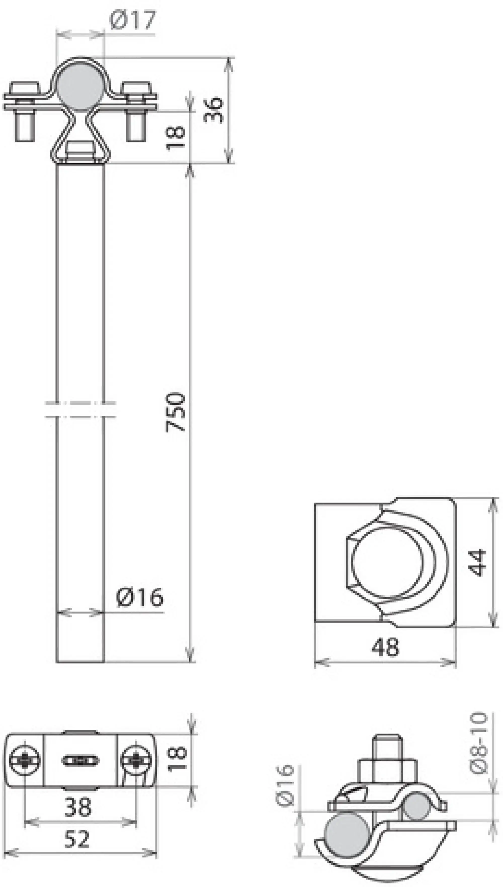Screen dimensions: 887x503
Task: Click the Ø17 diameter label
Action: click(132, 20)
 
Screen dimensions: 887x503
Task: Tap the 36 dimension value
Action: click(214, 110)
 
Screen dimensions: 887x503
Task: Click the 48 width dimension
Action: click(386, 647)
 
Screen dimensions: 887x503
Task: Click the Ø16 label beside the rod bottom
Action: click(140, 597)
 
